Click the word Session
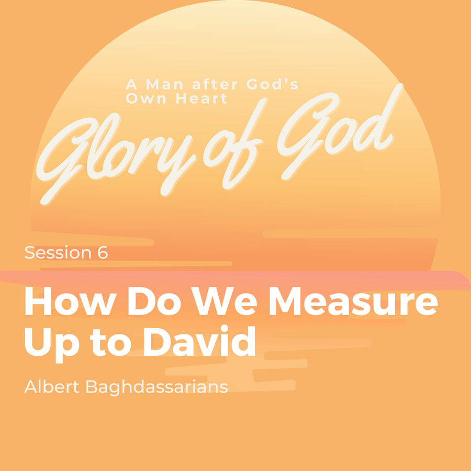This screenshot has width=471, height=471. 58,253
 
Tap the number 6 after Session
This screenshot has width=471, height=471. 102,253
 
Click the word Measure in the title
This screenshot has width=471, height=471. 353,301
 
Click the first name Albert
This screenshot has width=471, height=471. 52,387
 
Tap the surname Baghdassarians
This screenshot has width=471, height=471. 156,388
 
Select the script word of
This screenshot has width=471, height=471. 233,144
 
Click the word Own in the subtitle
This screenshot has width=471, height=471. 146,99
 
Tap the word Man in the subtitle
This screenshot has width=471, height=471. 164,84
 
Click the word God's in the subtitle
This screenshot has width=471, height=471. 272,84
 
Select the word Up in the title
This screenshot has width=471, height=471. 52,345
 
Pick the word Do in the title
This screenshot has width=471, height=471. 155,301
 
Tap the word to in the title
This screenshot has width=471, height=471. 110,342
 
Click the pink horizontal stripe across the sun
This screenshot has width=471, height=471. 235,280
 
